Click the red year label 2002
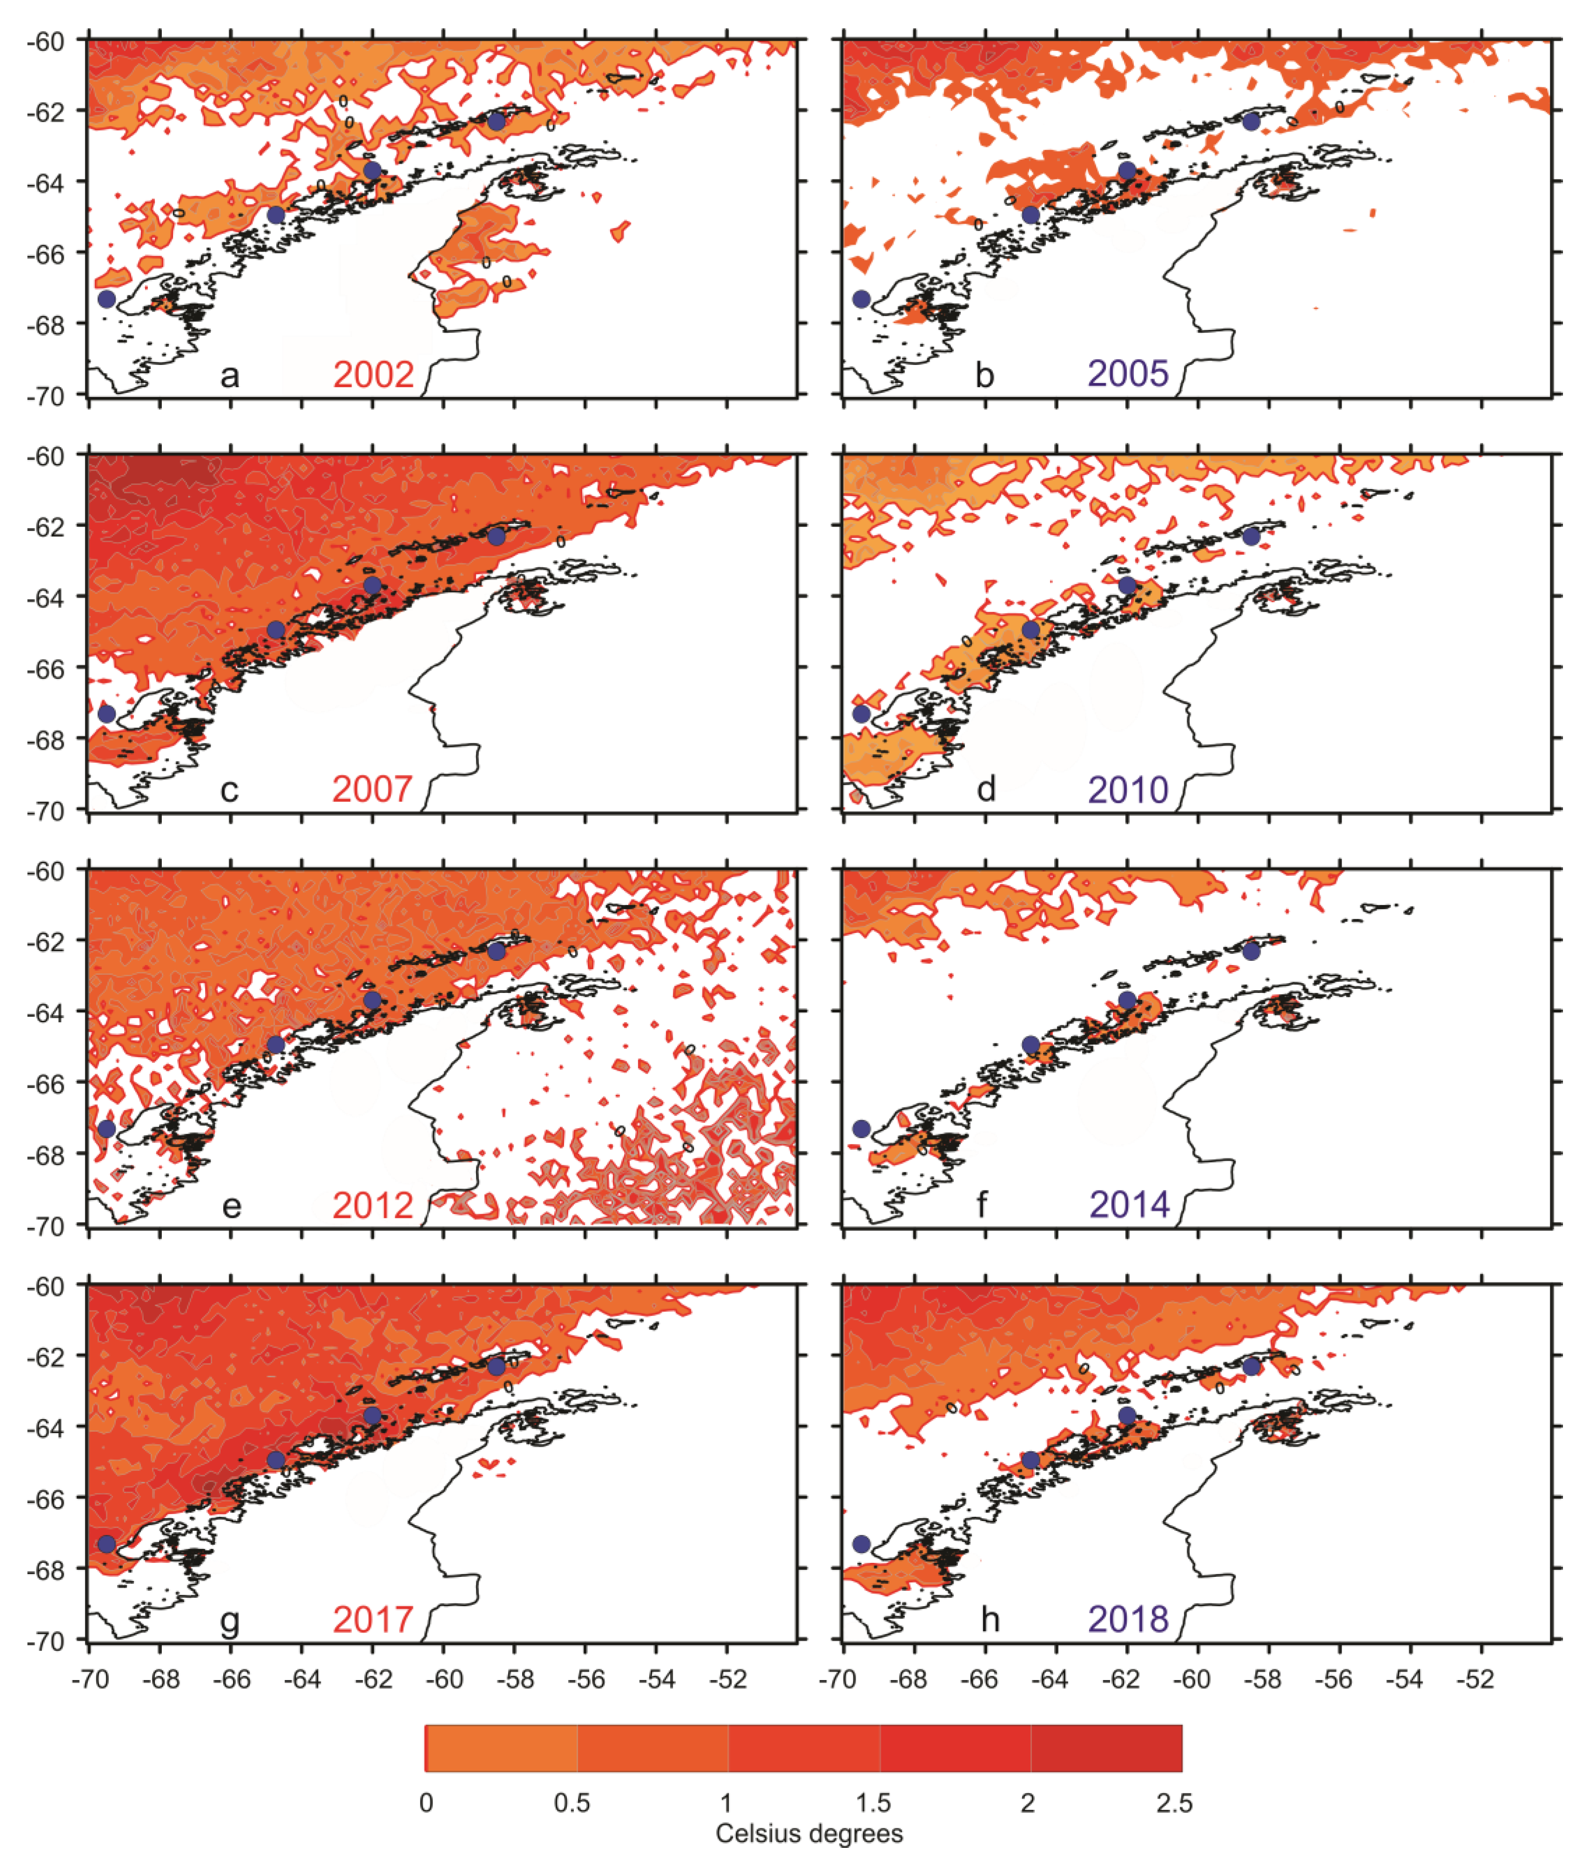tap(373, 374)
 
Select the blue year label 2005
tap(1128, 374)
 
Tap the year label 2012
tap(372, 1204)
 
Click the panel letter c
tap(230, 790)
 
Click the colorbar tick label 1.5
tap(873, 1803)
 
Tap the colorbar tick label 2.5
tap(1174, 1803)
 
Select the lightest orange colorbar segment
tap(500, 1748)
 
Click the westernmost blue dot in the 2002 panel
tap(106, 299)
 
